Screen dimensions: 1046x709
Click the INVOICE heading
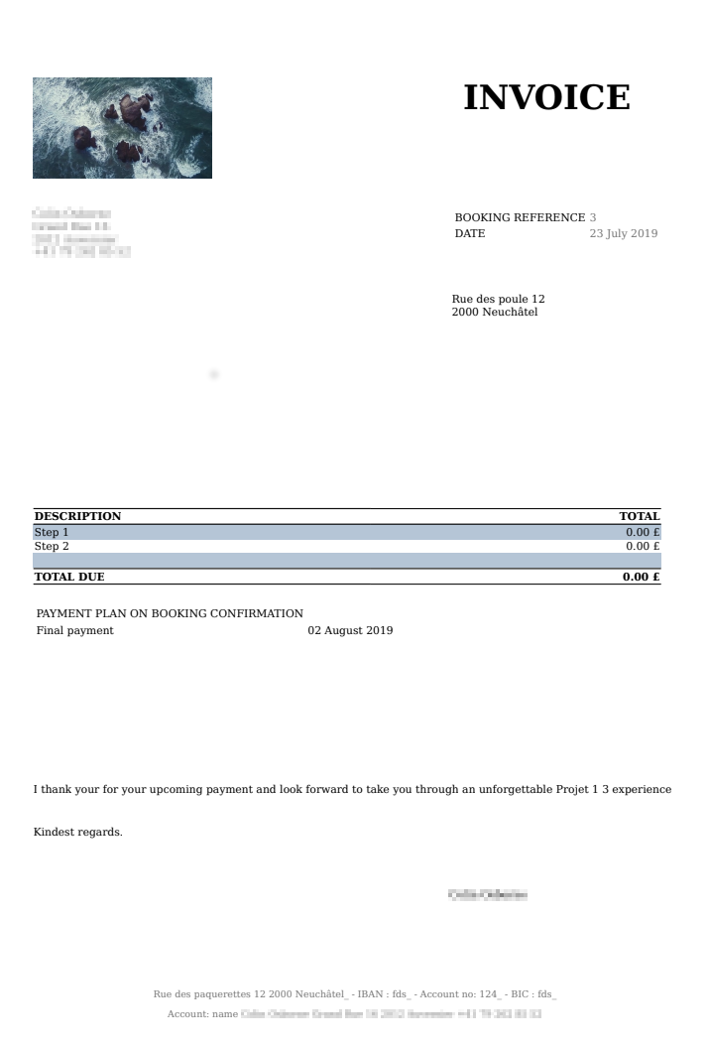546,98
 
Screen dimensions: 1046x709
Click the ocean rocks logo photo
122,128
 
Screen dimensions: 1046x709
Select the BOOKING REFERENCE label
520,217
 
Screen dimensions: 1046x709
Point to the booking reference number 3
593,217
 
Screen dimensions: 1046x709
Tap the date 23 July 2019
623,234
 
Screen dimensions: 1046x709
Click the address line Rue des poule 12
498,300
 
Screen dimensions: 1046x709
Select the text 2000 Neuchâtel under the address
495,313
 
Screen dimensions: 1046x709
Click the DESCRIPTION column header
77,516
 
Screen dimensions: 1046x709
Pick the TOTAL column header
640,516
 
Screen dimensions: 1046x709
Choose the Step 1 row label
52,533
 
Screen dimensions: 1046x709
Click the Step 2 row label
52,546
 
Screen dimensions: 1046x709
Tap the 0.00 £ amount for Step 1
643,533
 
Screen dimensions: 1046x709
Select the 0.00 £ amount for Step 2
643,546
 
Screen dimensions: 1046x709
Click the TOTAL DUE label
69,577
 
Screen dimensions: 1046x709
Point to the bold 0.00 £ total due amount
641,577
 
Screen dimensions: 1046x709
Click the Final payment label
75,630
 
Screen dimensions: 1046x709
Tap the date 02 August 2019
350,630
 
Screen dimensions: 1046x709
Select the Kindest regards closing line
78,832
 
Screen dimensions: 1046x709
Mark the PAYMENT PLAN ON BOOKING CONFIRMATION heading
170,613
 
